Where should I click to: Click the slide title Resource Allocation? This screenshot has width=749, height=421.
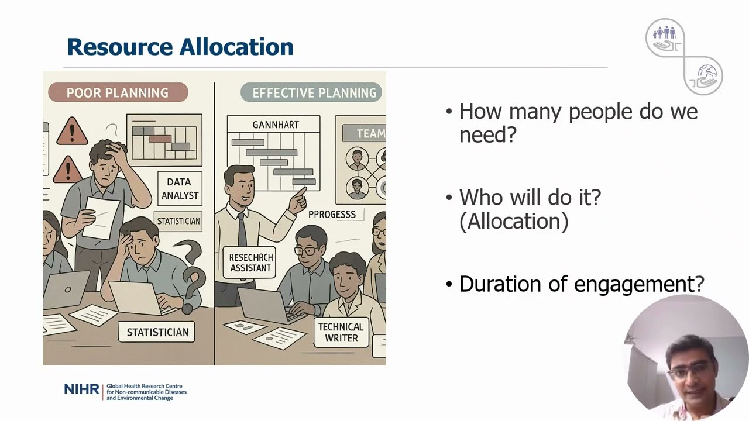[x=180, y=46]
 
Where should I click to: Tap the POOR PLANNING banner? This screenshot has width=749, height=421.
[x=118, y=92]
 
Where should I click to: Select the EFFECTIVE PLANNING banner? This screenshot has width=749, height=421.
[x=311, y=92]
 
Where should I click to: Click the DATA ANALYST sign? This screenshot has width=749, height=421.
[x=180, y=188]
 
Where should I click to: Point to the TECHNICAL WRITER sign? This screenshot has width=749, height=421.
[x=341, y=332]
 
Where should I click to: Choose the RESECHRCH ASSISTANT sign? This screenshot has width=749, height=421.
[x=249, y=263]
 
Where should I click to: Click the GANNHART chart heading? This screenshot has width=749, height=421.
[x=276, y=125]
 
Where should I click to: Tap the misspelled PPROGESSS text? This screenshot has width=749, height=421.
[x=332, y=214]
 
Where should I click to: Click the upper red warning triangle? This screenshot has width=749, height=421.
[x=72, y=132]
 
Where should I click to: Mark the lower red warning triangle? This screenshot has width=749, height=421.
[x=67, y=170]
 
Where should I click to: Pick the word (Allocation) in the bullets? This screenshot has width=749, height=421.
[x=514, y=221]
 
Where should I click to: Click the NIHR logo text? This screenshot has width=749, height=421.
[x=81, y=389]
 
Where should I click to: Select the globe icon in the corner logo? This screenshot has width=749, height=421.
[x=707, y=73]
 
